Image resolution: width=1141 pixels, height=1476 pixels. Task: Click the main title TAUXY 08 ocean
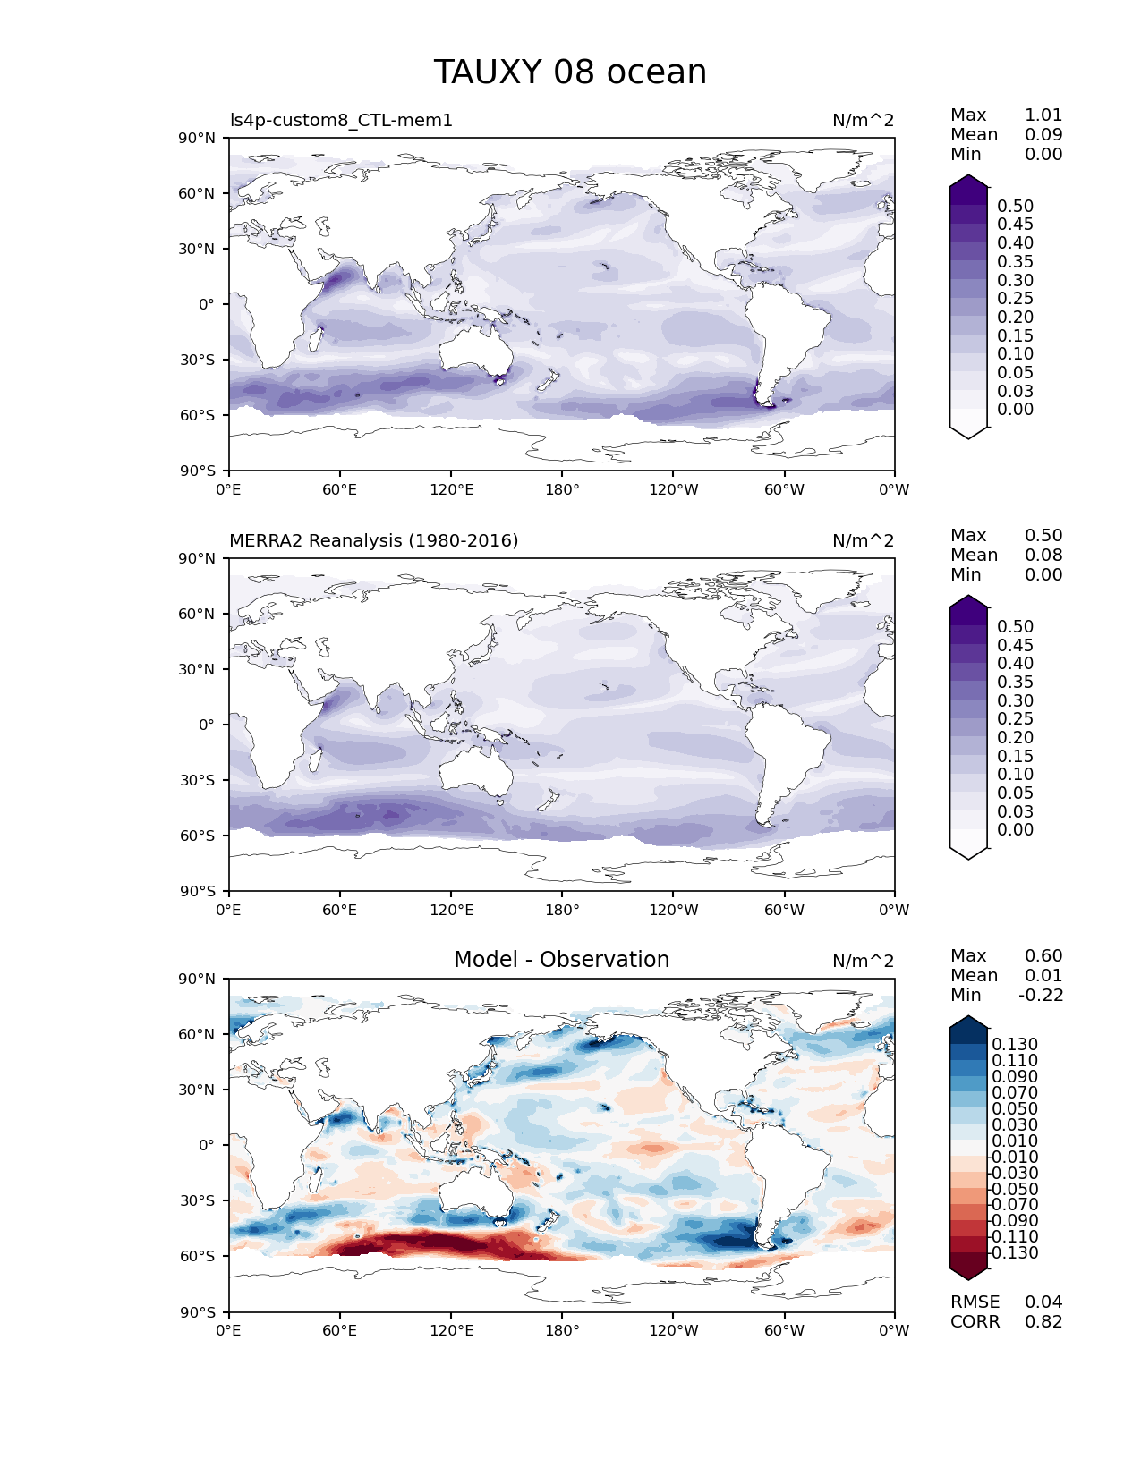(x=570, y=72)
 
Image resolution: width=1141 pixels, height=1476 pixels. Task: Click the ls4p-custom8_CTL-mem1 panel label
(x=341, y=121)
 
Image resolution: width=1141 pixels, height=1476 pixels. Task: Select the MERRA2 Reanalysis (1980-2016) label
(x=373, y=541)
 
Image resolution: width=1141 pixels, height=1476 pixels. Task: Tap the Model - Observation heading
(x=561, y=960)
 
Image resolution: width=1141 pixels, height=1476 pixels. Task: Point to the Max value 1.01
(x=1043, y=115)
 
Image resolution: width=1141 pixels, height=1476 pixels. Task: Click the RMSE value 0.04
(x=1043, y=1302)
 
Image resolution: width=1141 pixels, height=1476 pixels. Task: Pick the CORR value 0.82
(x=1043, y=1322)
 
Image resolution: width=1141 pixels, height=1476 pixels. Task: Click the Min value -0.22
(x=1040, y=996)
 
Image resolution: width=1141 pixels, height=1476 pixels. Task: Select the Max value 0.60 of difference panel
(x=1043, y=956)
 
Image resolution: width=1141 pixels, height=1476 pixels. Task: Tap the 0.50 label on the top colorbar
(x=1015, y=207)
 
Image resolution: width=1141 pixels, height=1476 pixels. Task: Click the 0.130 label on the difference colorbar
(x=1015, y=1045)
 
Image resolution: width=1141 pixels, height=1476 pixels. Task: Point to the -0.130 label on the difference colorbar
(x=1013, y=1253)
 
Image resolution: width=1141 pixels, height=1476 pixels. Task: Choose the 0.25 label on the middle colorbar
(x=1015, y=719)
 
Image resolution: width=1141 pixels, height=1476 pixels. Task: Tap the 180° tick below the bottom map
(x=561, y=1331)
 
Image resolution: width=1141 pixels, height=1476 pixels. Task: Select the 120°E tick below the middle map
(x=451, y=911)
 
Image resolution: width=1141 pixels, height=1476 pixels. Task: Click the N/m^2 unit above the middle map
(x=863, y=541)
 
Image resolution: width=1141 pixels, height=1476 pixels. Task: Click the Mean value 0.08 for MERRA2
(x=1043, y=556)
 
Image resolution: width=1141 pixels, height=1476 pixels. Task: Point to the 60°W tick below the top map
(x=784, y=490)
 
